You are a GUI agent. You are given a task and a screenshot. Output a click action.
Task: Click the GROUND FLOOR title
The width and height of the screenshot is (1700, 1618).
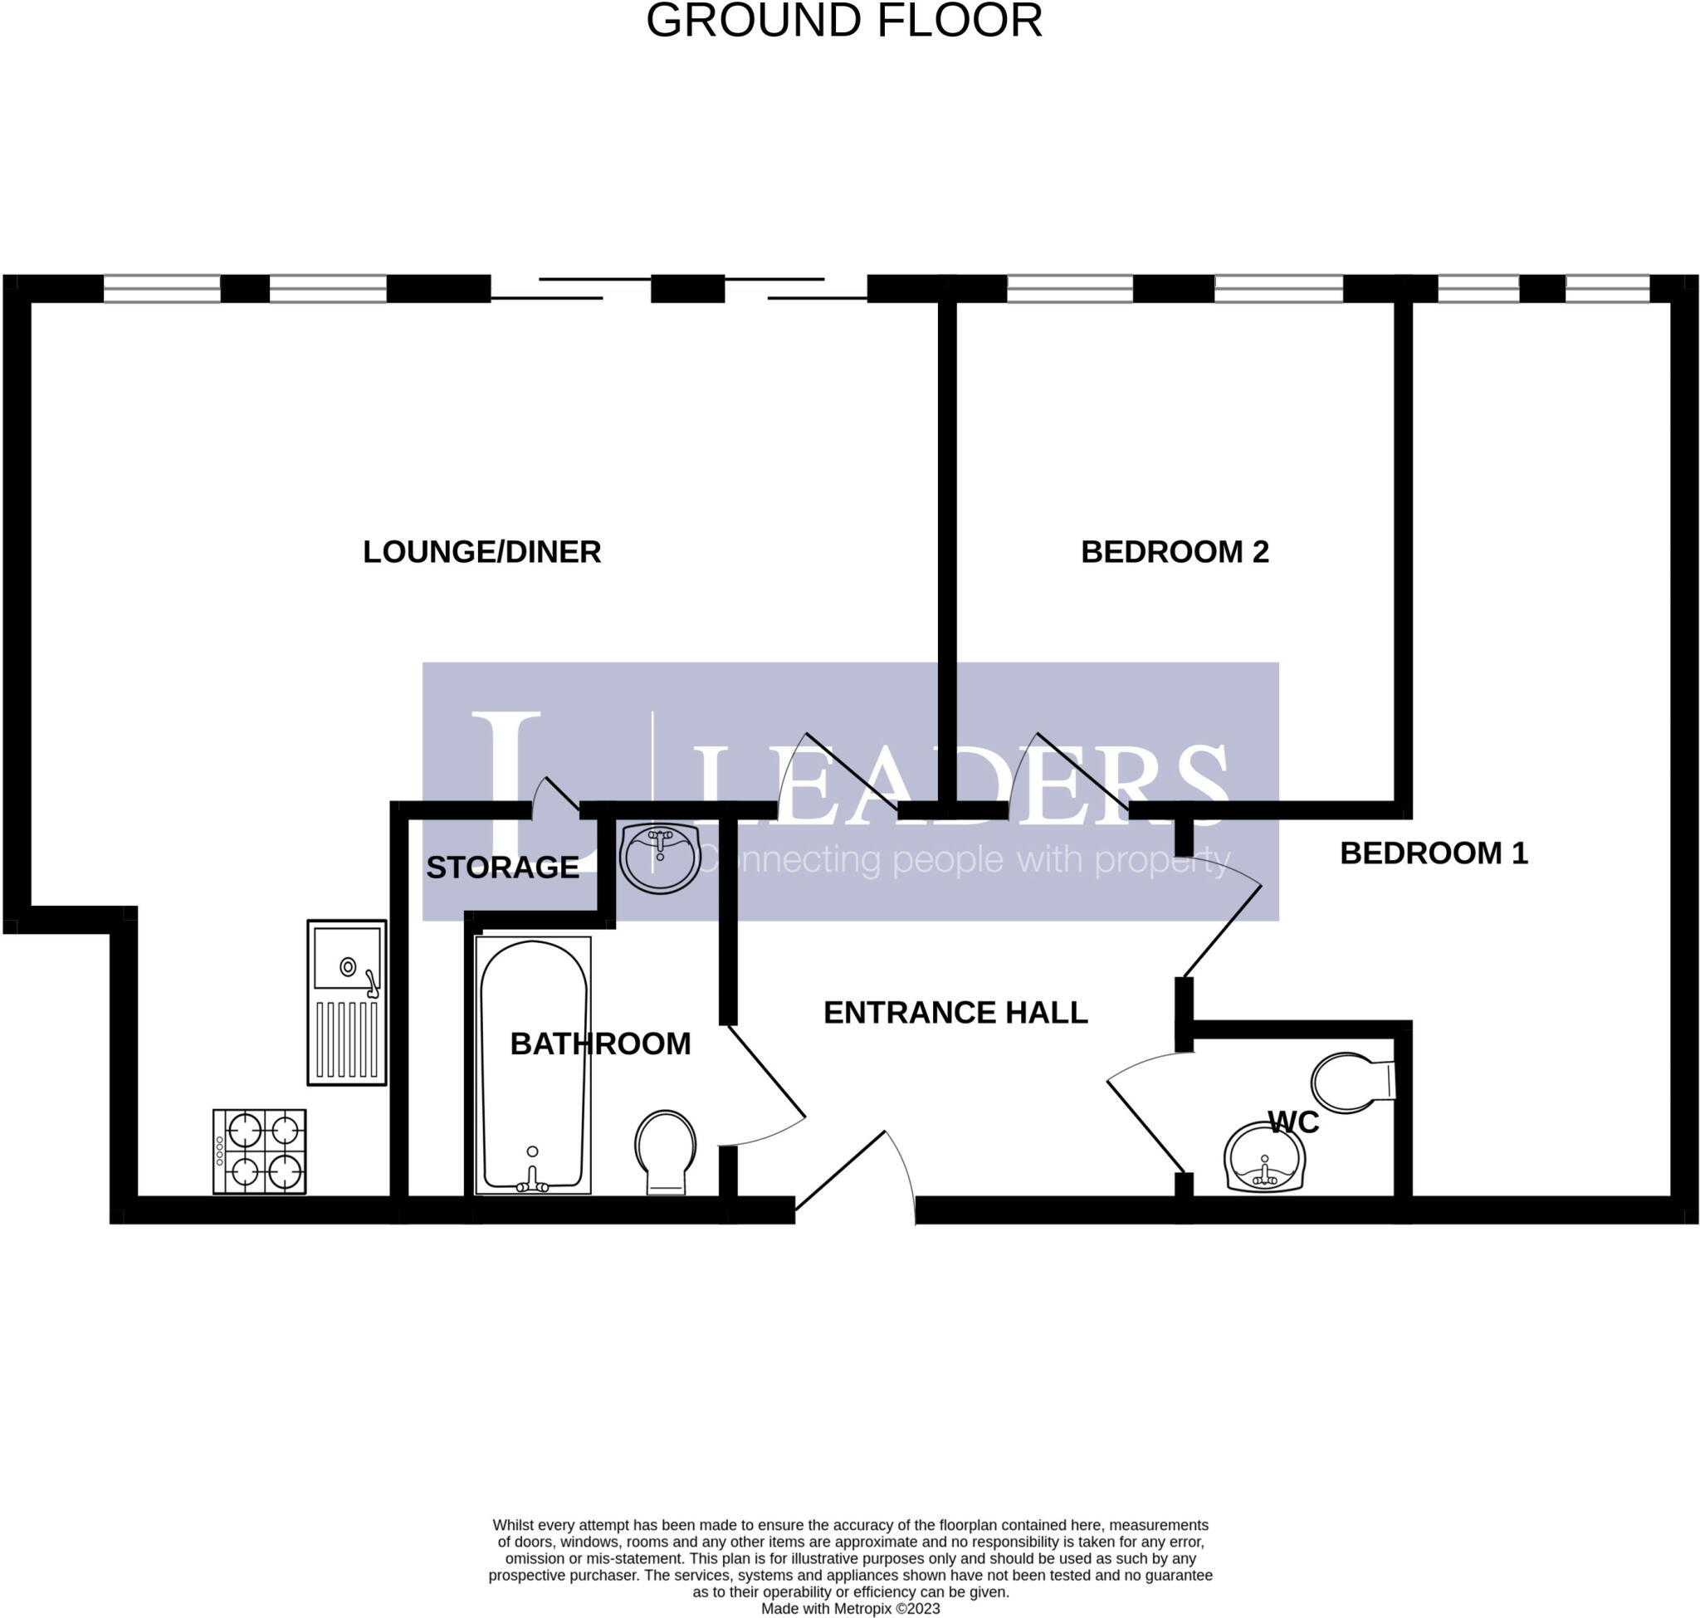[843, 21]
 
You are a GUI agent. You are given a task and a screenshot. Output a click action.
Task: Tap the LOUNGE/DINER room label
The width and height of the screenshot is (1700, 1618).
[481, 552]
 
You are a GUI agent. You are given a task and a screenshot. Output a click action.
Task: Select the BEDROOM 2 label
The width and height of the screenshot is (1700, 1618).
[1174, 552]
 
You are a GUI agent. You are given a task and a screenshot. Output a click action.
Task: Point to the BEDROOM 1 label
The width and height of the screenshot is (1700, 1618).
[1433, 853]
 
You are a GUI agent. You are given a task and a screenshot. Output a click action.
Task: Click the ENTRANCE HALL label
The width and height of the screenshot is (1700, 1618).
[955, 1013]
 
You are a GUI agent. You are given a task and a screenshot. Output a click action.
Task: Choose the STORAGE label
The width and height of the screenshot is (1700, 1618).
[502, 868]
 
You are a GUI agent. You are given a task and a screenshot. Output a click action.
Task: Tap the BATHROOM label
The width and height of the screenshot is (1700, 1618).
[600, 1044]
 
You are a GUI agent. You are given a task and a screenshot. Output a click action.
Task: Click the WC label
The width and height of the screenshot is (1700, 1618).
[1292, 1123]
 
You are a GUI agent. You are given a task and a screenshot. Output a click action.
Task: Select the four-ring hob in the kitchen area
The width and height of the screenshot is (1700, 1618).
[260, 1151]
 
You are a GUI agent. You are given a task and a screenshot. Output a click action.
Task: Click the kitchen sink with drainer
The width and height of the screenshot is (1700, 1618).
[347, 1002]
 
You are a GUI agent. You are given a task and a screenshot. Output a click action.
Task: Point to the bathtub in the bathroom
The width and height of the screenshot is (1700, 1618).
[532, 1065]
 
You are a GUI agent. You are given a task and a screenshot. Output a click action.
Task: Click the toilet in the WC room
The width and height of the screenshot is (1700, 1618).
[1351, 1082]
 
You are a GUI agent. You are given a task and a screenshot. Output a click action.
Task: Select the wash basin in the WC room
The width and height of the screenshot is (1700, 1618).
[1263, 1157]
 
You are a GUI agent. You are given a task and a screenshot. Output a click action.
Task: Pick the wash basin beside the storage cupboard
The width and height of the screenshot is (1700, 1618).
[660, 858]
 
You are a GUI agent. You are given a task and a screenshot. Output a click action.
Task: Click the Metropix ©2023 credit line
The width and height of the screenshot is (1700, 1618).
[849, 1609]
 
